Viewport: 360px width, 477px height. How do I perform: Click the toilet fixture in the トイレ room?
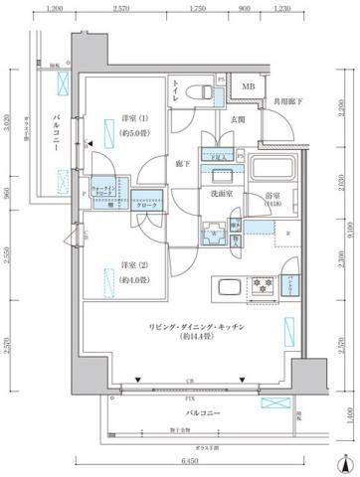[x=202, y=92]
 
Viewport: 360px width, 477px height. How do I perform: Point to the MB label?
[x=249, y=87]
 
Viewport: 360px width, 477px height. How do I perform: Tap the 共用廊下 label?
[x=288, y=101]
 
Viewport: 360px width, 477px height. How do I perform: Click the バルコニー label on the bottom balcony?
[x=202, y=410]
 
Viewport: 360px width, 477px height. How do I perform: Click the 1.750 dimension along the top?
[x=197, y=9]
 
